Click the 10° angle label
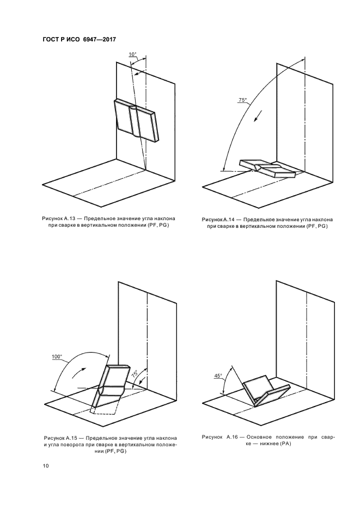132,54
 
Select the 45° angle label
218,376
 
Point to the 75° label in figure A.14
242,100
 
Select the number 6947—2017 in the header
98,39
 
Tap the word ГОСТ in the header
52,39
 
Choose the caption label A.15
74,438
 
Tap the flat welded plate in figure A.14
267,168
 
